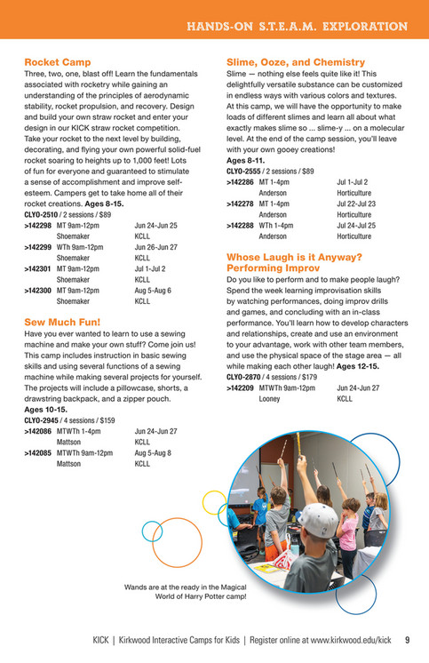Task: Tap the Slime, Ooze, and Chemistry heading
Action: [x=296, y=62]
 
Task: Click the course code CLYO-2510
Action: [x=42, y=215]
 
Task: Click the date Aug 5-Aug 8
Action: [x=153, y=452]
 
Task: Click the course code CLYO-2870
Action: [x=245, y=377]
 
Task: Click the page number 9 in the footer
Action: [x=407, y=639]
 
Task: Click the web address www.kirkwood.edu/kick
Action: [x=350, y=639]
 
